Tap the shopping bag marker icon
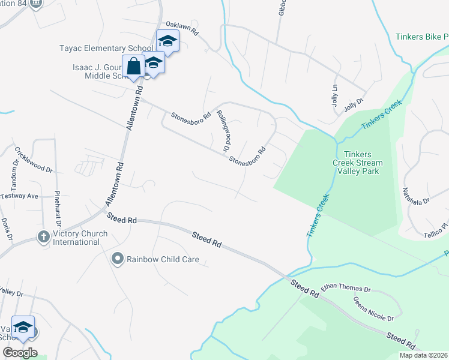(x=133, y=67)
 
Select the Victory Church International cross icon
(x=43, y=237)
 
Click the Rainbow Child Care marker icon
(x=117, y=260)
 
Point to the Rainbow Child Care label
(x=162, y=260)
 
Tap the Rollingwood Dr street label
(x=223, y=130)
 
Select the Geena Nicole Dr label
(x=373, y=309)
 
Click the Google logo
(x=20, y=352)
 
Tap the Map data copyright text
(x=423, y=355)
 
